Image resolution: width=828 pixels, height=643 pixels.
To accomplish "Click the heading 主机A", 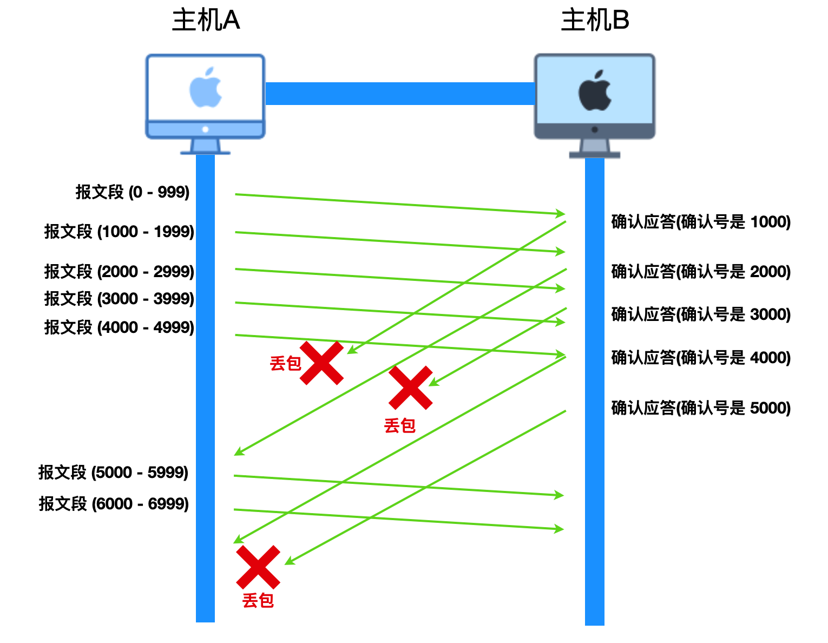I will [206, 21].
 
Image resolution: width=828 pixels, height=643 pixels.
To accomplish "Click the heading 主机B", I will [595, 21].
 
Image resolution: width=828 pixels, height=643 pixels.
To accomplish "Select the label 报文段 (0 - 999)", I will [133, 192].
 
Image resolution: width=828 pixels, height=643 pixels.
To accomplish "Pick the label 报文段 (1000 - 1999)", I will [119, 232].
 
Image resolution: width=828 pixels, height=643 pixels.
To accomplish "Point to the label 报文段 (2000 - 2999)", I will [119, 271].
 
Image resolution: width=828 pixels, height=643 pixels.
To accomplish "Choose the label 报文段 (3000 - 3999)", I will [119, 299].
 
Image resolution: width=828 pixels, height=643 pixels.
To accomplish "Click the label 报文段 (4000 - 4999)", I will [119, 327].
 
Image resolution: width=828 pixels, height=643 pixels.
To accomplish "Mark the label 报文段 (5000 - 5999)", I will [113, 473].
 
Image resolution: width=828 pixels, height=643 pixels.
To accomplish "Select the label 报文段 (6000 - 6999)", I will [114, 504].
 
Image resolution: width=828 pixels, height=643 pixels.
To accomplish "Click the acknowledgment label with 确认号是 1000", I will [701, 222].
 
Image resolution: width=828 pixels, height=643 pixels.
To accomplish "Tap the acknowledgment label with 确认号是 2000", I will [701, 272].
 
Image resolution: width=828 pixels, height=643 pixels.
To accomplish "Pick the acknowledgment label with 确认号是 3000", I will [701, 314].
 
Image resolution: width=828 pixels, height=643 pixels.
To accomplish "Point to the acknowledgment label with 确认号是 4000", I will [701, 358].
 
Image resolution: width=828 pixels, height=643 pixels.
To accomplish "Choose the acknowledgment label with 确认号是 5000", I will [701, 408].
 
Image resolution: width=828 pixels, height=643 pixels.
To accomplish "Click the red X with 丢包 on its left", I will [322, 363].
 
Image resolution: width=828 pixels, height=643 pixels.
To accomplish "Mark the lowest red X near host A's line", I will [258, 567].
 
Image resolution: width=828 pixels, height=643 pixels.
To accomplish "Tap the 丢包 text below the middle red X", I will [399, 426].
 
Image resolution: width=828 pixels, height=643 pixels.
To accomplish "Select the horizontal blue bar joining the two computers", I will [400, 94].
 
